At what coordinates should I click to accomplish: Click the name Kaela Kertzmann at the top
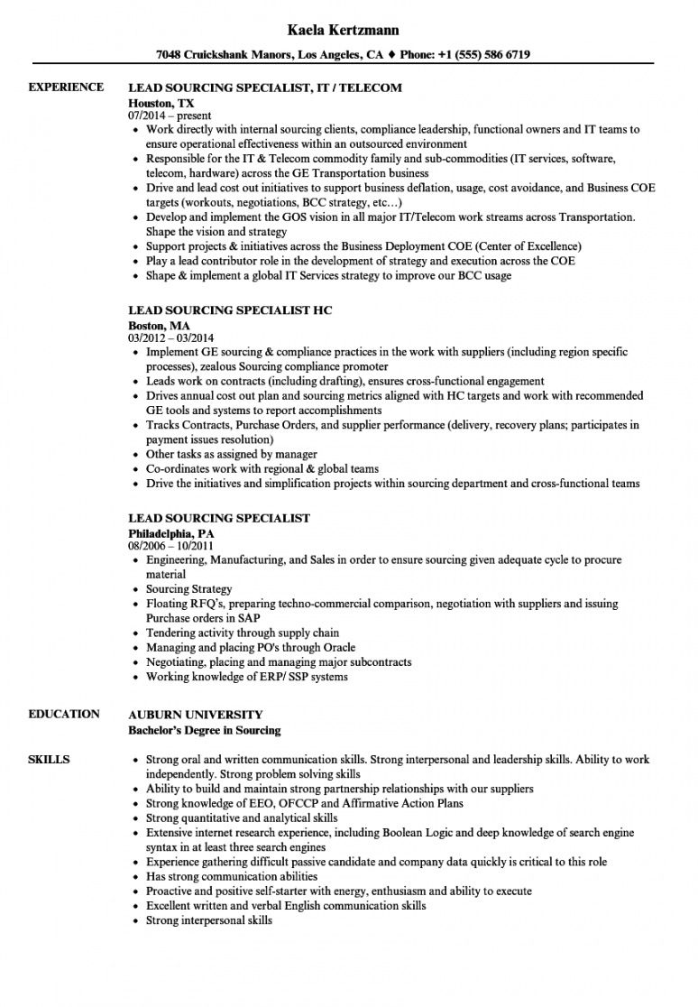pos(348,30)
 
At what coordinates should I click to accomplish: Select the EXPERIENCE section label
pos(66,88)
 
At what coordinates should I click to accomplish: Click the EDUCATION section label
pos(64,715)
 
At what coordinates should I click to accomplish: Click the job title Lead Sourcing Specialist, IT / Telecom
pos(265,88)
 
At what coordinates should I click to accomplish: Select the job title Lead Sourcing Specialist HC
pos(230,310)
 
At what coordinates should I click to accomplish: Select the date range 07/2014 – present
pos(170,115)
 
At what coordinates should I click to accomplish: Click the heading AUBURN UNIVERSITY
pos(196,715)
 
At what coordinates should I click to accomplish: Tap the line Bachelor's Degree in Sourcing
pos(205,730)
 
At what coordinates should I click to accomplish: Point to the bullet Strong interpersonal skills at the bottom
pos(208,920)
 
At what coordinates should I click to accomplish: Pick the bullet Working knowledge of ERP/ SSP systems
pos(246,677)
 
